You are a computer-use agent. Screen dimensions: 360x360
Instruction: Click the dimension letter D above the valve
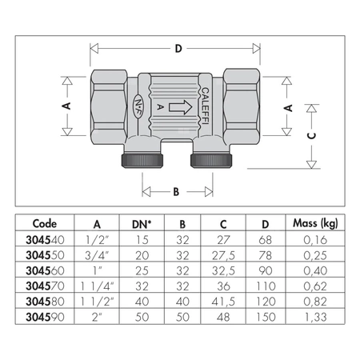point(178,49)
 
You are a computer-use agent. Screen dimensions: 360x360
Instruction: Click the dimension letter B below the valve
point(176,192)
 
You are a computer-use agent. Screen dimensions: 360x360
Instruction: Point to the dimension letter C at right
point(311,136)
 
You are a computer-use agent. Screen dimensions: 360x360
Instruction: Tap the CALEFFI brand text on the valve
point(205,106)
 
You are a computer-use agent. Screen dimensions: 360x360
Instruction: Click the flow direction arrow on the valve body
point(181,107)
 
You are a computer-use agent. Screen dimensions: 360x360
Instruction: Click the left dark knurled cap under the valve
point(142,160)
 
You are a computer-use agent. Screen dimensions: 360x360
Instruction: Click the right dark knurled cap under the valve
point(211,160)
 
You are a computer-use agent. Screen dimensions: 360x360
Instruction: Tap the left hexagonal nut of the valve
point(109,107)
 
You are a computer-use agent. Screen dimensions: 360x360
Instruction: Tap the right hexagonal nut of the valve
point(242,106)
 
